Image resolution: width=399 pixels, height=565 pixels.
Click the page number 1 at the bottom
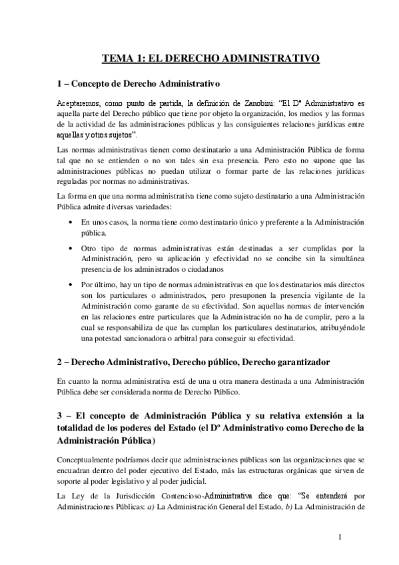(x=339, y=537)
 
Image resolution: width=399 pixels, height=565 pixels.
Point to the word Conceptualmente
(x=88, y=460)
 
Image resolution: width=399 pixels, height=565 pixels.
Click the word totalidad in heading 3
(x=79, y=429)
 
